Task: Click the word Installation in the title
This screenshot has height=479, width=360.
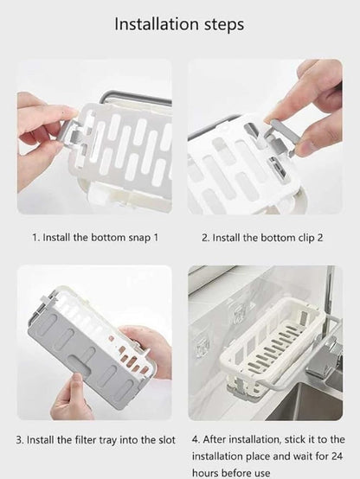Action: [156, 24]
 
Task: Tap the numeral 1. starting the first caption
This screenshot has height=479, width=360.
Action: [36, 236]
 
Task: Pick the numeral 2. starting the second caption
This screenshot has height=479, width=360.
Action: [206, 236]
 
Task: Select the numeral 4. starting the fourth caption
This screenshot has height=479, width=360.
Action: [196, 440]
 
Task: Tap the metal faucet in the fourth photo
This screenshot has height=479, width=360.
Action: [334, 346]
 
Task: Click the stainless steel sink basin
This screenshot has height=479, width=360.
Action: [320, 402]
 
